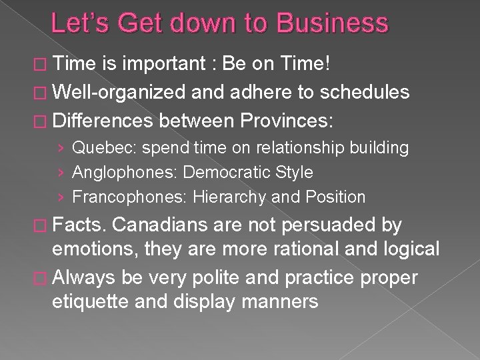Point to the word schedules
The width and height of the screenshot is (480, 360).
364,92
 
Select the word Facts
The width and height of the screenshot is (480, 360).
78,225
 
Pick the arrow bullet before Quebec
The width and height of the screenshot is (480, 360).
61,147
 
